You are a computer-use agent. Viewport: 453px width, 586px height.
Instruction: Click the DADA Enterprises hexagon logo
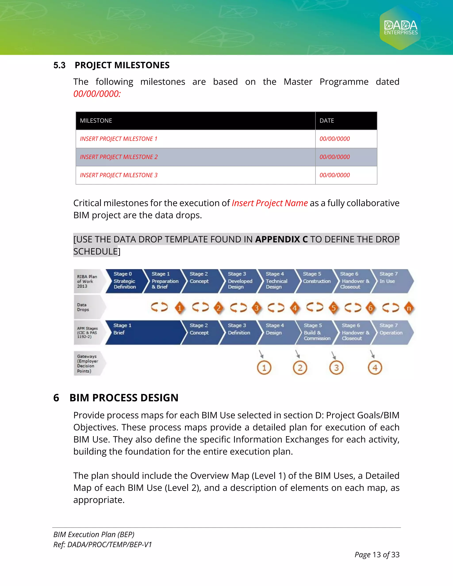(400, 28)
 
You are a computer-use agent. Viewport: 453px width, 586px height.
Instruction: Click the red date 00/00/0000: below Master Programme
(97, 94)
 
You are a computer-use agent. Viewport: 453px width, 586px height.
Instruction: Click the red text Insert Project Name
(269, 203)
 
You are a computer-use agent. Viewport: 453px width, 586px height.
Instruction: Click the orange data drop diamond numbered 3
(257, 308)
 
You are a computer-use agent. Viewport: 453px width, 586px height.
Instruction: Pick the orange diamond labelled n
(409, 308)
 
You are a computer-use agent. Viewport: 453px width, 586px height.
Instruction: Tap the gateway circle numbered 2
(300, 368)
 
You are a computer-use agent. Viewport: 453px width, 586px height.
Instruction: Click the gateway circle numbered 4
(375, 368)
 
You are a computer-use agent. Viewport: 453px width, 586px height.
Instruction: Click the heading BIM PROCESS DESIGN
(124, 398)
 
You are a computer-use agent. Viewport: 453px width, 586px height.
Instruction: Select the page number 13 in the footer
(376, 555)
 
